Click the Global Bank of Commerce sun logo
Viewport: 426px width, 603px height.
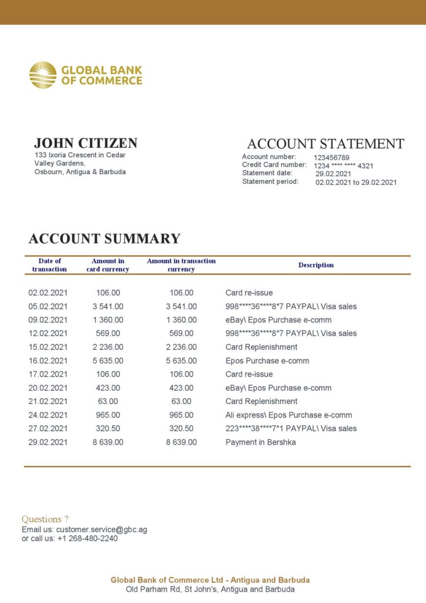(x=43, y=75)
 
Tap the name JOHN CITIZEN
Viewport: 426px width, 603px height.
(x=86, y=143)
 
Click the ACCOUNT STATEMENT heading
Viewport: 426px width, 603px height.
(x=325, y=144)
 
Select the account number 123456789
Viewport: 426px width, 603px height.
(x=331, y=158)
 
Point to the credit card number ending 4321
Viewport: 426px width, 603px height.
(x=344, y=166)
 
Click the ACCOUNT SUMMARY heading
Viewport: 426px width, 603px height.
(x=104, y=238)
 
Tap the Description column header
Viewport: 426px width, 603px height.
(x=316, y=265)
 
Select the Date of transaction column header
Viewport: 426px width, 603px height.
(x=49, y=265)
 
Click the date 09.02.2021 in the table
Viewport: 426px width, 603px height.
(x=48, y=320)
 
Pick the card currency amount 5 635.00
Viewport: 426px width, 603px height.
(x=108, y=360)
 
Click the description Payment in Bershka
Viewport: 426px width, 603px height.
(x=261, y=442)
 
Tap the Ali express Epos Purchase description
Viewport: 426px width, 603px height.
(x=289, y=415)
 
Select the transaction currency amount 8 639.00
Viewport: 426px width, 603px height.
(x=181, y=442)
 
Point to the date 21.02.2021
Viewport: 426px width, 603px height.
(x=48, y=401)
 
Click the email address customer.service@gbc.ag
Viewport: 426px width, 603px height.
(x=101, y=529)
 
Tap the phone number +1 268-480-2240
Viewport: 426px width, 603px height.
(x=87, y=538)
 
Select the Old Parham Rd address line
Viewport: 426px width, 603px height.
(x=210, y=589)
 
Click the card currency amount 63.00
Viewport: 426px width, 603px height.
(x=108, y=401)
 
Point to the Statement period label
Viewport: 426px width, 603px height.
(x=270, y=182)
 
